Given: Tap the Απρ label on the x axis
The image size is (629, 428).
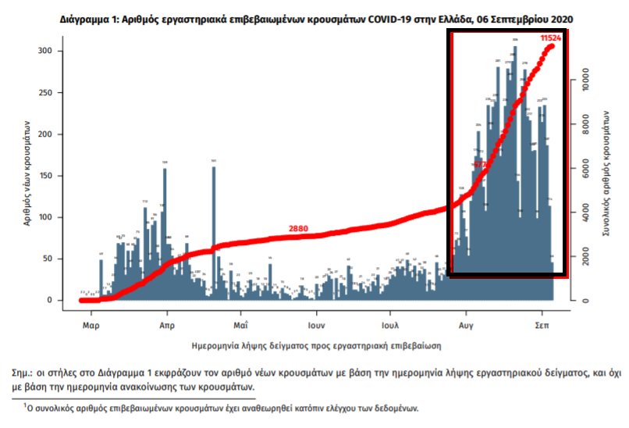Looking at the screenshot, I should click(165, 323).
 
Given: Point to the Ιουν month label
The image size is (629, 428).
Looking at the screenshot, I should click(315, 323).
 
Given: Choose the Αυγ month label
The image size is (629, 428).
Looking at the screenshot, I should click(467, 323).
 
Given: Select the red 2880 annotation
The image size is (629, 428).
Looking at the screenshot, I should click(299, 229).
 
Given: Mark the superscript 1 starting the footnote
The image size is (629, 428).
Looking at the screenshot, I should click(24, 404).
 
